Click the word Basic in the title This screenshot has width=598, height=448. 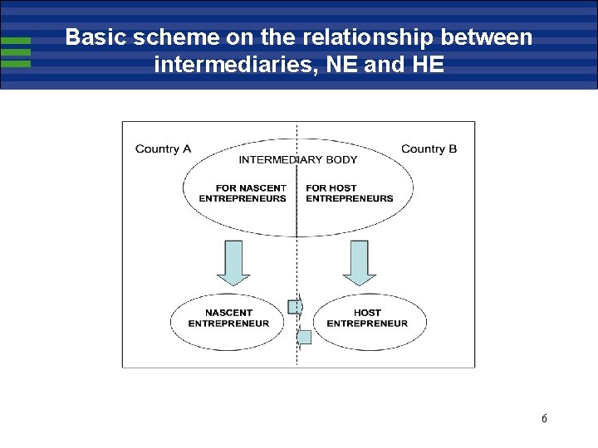(95, 37)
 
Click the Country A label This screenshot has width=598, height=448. (163, 149)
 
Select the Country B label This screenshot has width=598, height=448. (429, 149)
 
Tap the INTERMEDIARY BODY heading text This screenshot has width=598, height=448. (298, 160)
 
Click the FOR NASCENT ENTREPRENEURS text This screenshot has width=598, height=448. (243, 193)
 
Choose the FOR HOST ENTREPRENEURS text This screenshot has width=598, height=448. (349, 193)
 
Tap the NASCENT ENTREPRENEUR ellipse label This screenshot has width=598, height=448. (228, 319)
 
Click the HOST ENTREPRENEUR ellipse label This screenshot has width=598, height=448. (367, 319)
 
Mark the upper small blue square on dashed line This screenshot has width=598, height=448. (294, 307)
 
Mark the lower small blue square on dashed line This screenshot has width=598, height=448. (304, 337)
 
